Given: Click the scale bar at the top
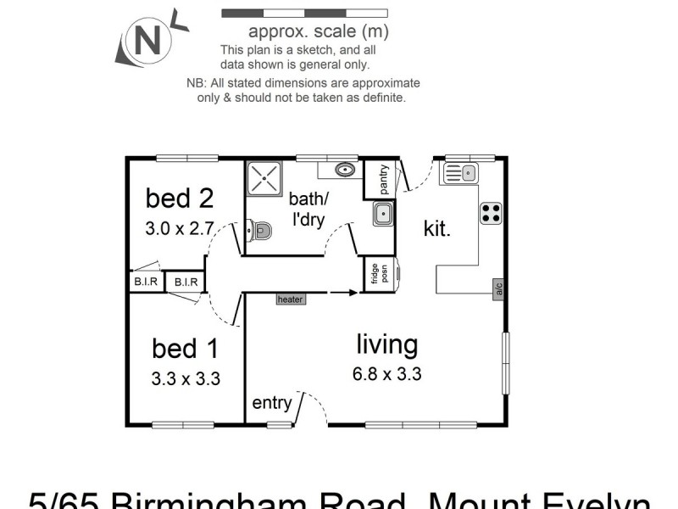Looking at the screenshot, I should point(304,14).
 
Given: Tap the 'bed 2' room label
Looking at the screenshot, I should point(179,199).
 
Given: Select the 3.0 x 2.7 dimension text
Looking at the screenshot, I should point(179,228).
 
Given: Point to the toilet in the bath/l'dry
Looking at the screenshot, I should point(259,229).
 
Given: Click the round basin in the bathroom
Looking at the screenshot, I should point(344,170).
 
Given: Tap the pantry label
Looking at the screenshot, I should point(383,179).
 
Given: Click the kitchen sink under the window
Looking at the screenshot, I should point(459,174).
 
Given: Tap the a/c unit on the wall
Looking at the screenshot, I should point(499,289).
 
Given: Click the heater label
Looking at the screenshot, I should point(290,299).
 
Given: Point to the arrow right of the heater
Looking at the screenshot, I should point(342,293).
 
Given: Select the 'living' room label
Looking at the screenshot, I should point(386,344).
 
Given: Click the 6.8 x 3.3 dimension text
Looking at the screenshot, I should point(386,373).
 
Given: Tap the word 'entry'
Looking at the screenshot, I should point(271,403).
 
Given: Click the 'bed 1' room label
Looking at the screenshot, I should point(185,349).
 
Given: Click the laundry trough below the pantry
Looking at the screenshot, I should point(383,213).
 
